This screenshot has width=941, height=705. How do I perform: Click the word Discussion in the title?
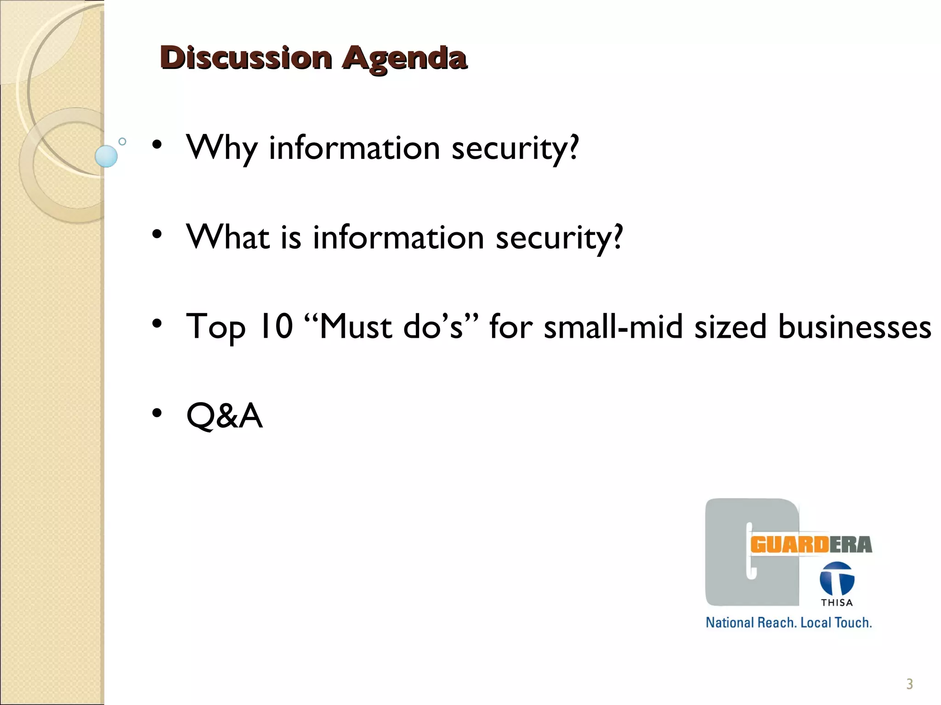(x=246, y=58)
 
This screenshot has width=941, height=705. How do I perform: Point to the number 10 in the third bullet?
(x=277, y=326)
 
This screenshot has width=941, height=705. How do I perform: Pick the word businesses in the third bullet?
(x=855, y=327)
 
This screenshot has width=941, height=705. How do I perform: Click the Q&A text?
(x=224, y=415)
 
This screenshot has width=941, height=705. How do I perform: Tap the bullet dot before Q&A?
(x=157, y=414)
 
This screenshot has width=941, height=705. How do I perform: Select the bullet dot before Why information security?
(x=157, y=145)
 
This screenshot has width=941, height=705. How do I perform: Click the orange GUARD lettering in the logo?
(x=789, y=545)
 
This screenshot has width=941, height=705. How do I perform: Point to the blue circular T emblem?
(x=837, y=579)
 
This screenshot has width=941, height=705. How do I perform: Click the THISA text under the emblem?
(x=837, y=603)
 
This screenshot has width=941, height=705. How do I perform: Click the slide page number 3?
(x=909, y=684)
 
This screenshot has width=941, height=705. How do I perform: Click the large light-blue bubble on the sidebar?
(x=106, y=156)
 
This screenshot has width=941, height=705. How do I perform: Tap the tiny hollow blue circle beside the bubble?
(x=122, y=141)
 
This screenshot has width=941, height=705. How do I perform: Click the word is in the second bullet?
(x=291, y=238)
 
